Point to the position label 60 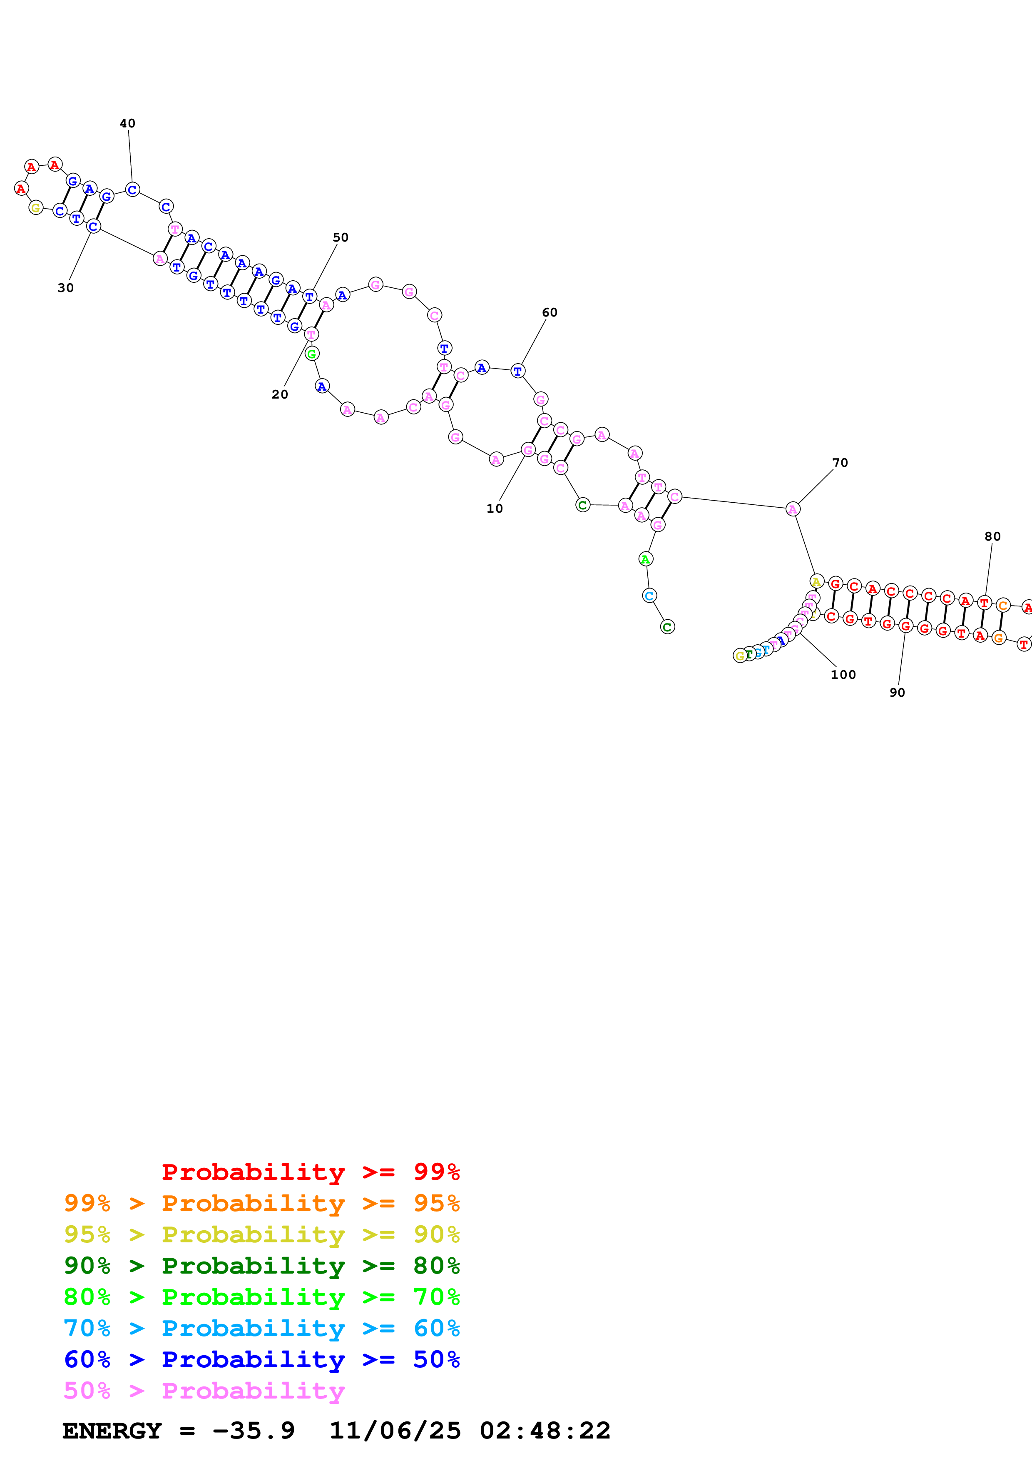[550, 312]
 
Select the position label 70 [840, 463]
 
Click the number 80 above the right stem [992, 536]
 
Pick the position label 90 [897, 692]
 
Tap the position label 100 [843, 675]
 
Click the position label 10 [494, 509]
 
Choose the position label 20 [279, 394]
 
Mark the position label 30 [65, 288]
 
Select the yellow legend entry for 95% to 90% [261, 1234]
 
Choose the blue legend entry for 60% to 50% [261, 1359]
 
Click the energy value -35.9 [253, 1431]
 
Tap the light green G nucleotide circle [311, 354]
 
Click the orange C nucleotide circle [1003, 605]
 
